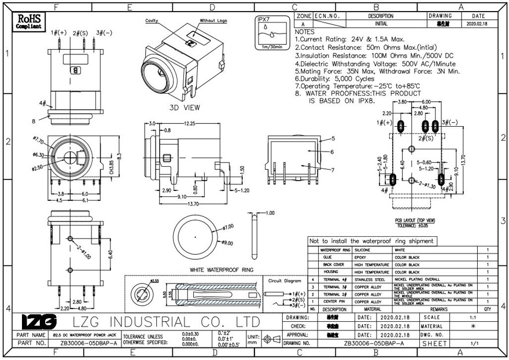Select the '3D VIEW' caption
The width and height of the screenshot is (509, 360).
(185, 108)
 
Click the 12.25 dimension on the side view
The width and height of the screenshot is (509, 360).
(189, 124)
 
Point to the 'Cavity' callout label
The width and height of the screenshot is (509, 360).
(152, 20)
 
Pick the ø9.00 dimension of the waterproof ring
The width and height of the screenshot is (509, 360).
(227, 243)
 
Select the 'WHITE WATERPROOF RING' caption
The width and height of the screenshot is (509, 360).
(222, 270)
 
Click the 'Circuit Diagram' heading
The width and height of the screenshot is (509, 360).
(285, 280)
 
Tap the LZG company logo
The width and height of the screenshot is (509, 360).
(39, 322)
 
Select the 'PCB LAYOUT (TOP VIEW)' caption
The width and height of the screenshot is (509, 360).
(414, 221)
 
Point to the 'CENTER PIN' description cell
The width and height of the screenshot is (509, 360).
(335, 302)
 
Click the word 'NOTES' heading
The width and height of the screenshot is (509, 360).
(305, 32)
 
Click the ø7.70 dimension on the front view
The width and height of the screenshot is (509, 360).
(39, 140)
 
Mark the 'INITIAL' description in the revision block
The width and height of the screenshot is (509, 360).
(381, 24)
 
